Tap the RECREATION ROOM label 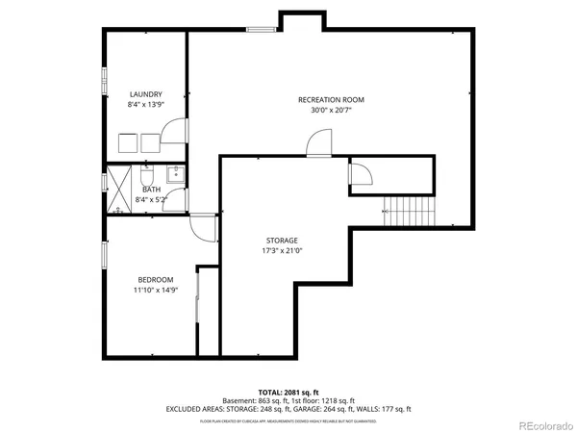330,100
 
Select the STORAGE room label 282,240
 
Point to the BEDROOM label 154,279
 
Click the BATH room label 152,190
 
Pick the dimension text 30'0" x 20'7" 330,111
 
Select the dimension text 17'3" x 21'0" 282,250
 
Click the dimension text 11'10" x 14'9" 155,290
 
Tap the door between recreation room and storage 316,145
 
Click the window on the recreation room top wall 261,30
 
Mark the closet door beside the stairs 360,174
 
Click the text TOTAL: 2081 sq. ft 288,393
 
